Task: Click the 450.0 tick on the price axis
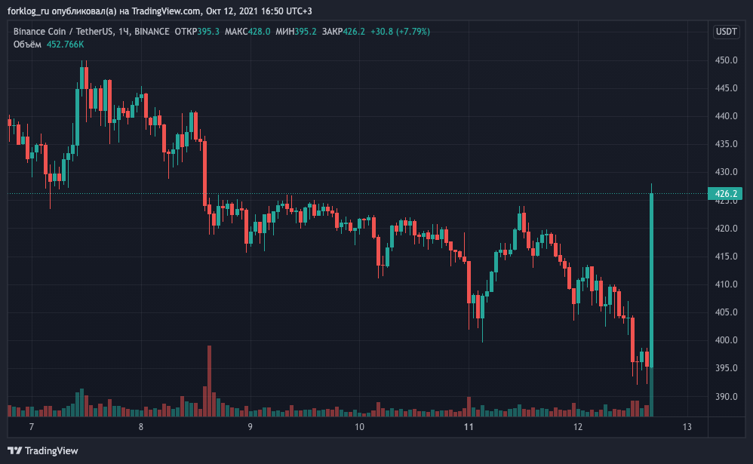click(x=726, y=60)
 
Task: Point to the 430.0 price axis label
click(x=726, y=173)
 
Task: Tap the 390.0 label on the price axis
click(x=726, y=397)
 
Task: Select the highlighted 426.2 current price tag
click(x=726, y=194)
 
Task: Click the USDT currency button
click(x=726, y=32)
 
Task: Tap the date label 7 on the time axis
click(x=31, y=427)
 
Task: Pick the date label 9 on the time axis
click(x=250, y=427)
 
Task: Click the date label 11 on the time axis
click(x=469, y=427)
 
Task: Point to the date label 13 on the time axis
click(x=687, y=427)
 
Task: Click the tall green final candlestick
click(x=651, y=279)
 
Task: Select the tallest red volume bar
click(x=208, y=381)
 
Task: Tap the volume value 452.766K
click(x=66, y=45)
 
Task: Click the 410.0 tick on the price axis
click(x=726, y=284)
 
